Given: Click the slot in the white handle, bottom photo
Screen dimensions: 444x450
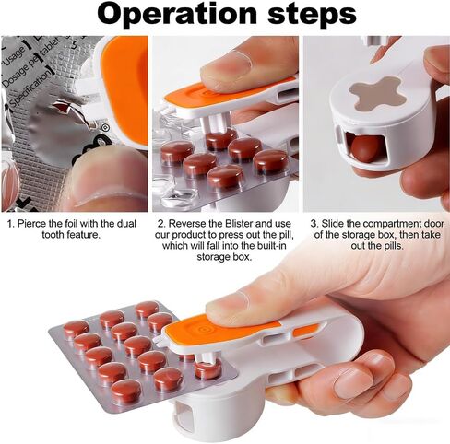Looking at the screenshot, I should tap(277, 379).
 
